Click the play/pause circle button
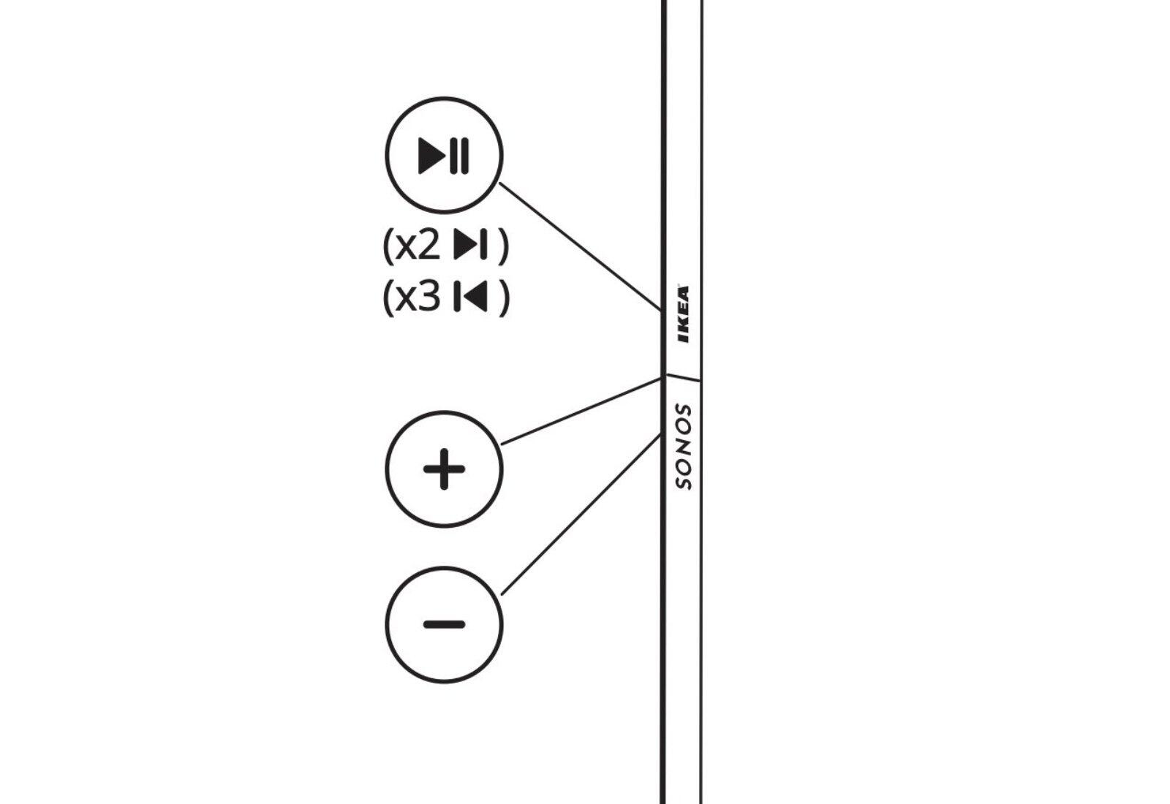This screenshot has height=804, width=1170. (x=444, y=154)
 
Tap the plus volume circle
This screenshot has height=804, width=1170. (x=444, y=469)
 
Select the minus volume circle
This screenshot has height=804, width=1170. (x=444, y=624)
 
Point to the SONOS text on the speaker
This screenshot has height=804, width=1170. (x=683, y=446)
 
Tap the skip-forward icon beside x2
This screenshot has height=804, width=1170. (x=469, y=245)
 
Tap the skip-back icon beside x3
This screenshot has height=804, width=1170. (x=470, y=297)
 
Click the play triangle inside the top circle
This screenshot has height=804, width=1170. (x=431, y=155)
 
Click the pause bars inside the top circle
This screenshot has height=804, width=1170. (x=460, y=155)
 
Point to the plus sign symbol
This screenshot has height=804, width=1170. (x=444, y=469)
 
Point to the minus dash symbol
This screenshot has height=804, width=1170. (x=444, y=624)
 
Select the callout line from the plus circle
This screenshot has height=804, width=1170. (x=581, y=411)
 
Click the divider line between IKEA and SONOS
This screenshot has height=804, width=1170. (x=682, y=378)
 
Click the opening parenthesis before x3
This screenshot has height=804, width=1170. (x=388, y=297)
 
